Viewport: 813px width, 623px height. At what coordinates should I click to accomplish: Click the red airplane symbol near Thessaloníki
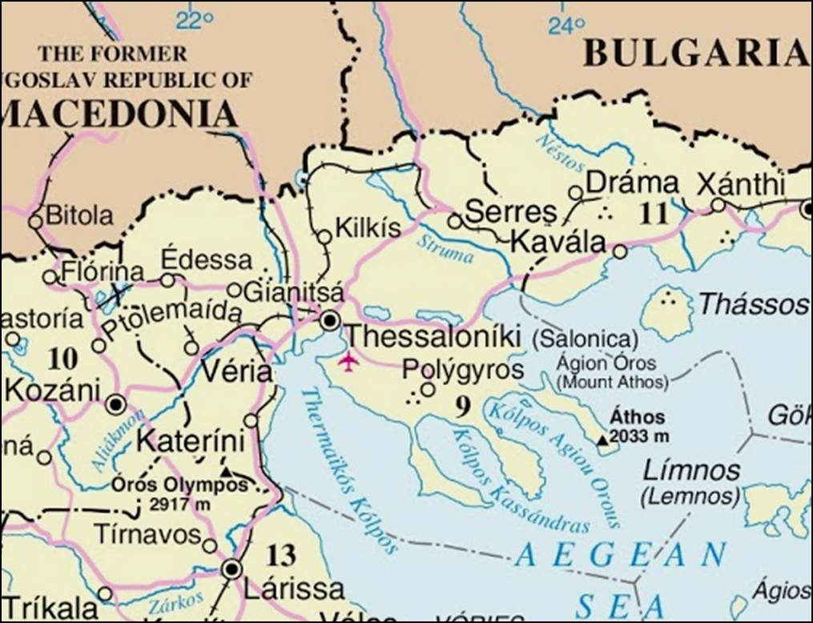(x=348, y=360)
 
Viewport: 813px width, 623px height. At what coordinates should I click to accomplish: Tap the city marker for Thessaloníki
(x=329, y=320)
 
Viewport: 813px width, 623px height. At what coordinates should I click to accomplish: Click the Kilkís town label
(x=367, y=228)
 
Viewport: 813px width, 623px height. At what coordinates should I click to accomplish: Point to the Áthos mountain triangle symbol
(x=602, y=440)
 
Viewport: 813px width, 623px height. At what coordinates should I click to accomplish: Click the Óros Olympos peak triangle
(x=227, y=472)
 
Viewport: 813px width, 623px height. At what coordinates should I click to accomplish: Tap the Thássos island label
(x=752, y=304)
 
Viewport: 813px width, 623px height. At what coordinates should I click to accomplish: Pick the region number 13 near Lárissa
(x=281, y=554)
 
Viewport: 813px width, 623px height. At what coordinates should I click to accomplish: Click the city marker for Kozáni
(x=115, y=404)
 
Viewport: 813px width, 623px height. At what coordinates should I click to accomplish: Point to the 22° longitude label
(x=195, y=19)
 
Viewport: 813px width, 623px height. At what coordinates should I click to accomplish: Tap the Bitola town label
(x=79, y=215)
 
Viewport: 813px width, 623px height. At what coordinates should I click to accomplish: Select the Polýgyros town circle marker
(x=429, y=389)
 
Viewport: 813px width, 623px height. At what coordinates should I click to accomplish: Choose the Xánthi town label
(x=740, y=184)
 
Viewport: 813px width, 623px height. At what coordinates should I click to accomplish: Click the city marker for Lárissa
(x=232, y=569)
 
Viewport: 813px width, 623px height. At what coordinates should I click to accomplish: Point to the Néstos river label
(x=556, y=148)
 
